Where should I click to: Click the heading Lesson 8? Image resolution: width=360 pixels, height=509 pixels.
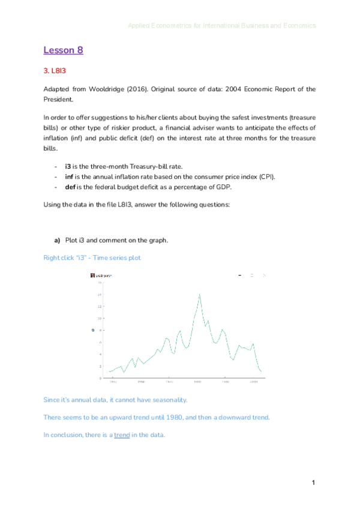pos(63,50)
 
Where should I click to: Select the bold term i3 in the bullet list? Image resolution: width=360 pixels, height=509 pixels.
pos(68,166)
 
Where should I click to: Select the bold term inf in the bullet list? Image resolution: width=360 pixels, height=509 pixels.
pos(70,177)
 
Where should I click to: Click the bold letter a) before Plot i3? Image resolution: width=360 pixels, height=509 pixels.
pos(58,241)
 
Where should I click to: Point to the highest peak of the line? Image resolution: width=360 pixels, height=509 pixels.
pos(199,294)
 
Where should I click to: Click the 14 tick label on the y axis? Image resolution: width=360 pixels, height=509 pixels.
pos(99,295)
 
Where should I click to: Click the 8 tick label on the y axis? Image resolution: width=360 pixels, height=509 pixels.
pos(100,330)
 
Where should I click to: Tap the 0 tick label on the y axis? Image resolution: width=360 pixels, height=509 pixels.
pos(100,378)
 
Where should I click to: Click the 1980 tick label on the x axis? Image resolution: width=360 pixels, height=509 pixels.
pos(197,382)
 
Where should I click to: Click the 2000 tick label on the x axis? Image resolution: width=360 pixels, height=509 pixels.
pos(254,382)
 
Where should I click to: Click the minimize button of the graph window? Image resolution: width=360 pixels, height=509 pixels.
pos(239,276)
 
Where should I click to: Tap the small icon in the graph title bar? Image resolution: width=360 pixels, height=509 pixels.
pos(92,276)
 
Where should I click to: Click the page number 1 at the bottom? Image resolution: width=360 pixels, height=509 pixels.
pos(313,483)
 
